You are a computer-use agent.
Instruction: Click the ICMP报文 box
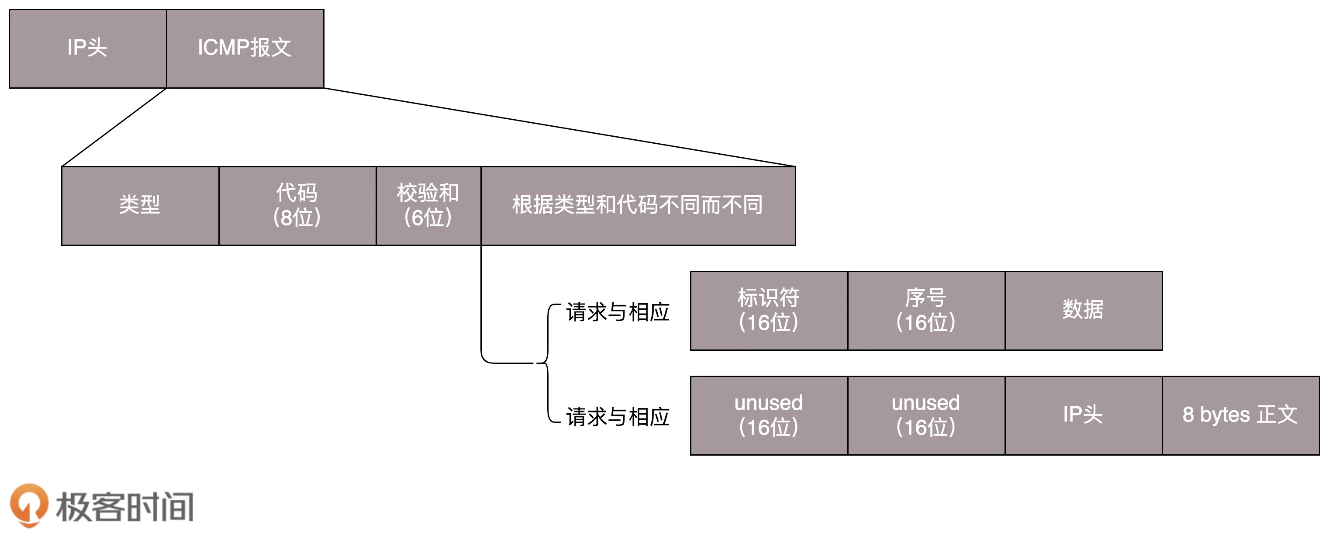pos(245,48)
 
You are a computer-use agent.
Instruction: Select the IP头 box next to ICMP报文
pos(88,48)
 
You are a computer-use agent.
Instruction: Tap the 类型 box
pos(140,205)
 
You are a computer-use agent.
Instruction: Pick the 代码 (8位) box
pos(297,205)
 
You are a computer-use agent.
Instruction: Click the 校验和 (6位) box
pos(428,205)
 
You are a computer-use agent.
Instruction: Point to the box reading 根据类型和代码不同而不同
pos(638,205)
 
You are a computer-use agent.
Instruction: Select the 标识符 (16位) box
pos(769,311)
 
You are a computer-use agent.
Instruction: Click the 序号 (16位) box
pos(926,311)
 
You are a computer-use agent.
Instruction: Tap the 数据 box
pos(1084,311)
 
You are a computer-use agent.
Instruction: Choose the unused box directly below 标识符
pos(769,415)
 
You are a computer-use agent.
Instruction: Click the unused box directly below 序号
pos(926,415)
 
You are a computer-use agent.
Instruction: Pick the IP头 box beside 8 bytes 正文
pos(1084,415)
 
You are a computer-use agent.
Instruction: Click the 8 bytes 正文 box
pos(1240,415)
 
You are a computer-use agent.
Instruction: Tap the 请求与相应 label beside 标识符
pos(618,312)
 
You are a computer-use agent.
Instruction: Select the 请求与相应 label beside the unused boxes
pos(618,417)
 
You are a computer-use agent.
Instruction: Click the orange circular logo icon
pos(29,505)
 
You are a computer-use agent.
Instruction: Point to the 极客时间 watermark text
pos(125,507)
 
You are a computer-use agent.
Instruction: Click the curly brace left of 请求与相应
pos(547,363)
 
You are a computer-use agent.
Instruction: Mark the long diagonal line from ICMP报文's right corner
pos(560,127)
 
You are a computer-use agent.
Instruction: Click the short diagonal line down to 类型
pos(114,128)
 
